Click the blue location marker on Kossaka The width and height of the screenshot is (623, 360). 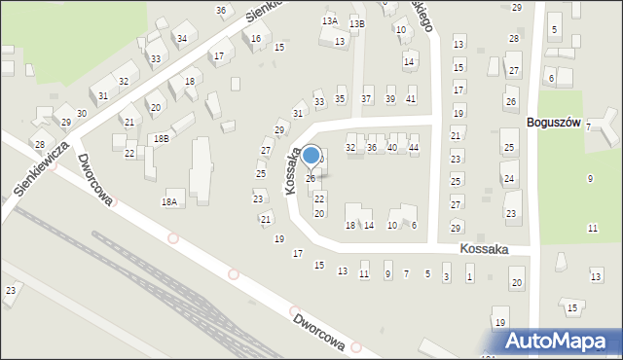[x=311, y=156]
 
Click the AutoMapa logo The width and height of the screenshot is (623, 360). [x=556, y=340]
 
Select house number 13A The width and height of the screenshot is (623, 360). [x=329, y=20]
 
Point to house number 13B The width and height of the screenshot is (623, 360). [x=357, y=23]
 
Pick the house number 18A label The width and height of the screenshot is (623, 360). [x=169, y=201]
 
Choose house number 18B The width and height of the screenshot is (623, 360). [x=161, y=139]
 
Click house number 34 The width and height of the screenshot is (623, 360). [x=181, y=39]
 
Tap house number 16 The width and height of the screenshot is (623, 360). [x=256, y=39]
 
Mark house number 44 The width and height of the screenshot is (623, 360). [x=414, y=147]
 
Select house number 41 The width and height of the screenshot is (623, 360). [x=411, y=99]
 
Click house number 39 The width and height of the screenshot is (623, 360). [x=389, y=99]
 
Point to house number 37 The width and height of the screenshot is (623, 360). [x=366, y=99]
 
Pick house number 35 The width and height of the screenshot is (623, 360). [x=341, y=99]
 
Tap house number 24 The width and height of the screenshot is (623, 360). [x=509, y=179]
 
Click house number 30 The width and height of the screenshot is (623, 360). [x=82, y=114]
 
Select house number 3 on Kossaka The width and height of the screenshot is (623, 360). [x=447, y=277]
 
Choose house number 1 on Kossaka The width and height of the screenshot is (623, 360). [x=469, y=277]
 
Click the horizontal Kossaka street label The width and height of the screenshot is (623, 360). [x=485, y=250]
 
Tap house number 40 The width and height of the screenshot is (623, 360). [x=392, y=147]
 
